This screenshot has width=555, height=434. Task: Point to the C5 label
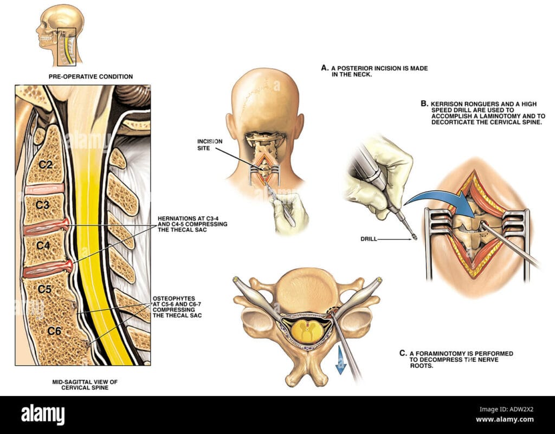pyautogui.click(x=46, y=289)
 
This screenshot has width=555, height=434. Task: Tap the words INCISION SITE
pyautogui.click(x=209, y=144)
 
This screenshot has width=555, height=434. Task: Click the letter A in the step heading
pyautogui.click(x=324, y=68)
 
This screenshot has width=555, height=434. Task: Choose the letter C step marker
pyautogui.click(x=402, y=353)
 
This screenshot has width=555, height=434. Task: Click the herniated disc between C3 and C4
pyautogui.click(x=48, y=225)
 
